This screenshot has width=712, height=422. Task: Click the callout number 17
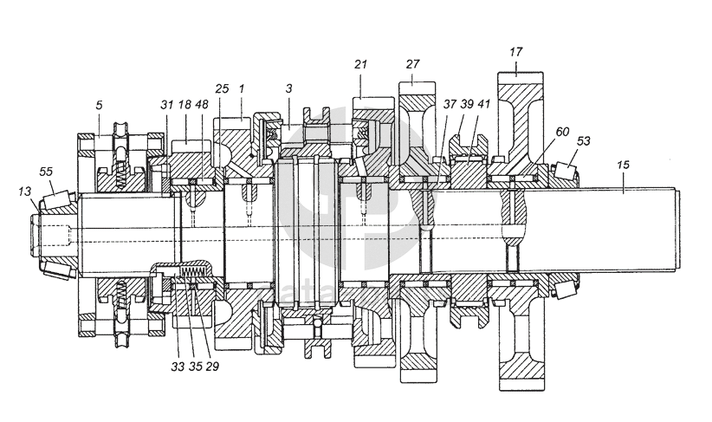coord(515,52)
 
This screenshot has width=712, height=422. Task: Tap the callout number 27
coord(412,63)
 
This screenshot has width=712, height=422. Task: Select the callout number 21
coord(362,65)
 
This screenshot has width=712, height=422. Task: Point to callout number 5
coord(99,105)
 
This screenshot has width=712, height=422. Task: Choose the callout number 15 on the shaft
coord(624,164)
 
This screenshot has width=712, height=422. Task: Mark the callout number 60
coord(561,131)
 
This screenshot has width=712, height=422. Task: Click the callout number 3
coord(289,89)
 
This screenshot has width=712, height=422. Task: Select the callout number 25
coord(222,89)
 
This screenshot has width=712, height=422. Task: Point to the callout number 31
coord(166,105)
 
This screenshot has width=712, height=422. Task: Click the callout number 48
coord(201,105)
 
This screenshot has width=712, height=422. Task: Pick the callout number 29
coord(211,366)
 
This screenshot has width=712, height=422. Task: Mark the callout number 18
coord(184,105)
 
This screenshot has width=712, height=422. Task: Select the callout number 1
coord(242,89)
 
